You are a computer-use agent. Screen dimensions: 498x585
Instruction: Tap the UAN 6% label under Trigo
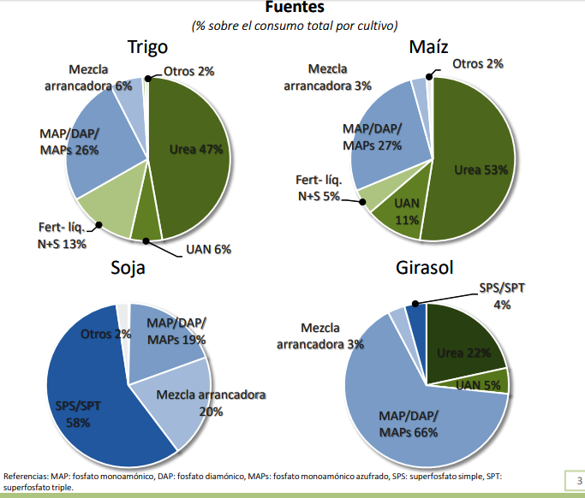point(209,249)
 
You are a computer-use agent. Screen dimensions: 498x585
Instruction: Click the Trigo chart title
point(147,48)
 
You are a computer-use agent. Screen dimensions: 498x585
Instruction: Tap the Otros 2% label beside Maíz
point(476,63)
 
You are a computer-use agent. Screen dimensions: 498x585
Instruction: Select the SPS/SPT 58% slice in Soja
point(81,402)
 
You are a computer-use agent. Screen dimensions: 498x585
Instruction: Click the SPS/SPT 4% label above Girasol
point(502,296)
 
